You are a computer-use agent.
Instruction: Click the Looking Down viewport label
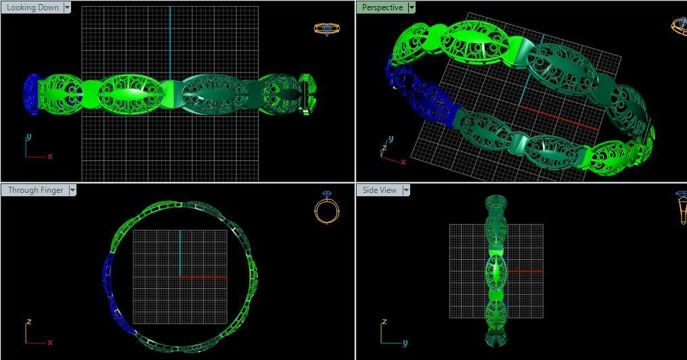pos(32,7)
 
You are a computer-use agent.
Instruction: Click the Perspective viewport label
pos(382,7)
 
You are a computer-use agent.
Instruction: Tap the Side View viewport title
pos(379,190)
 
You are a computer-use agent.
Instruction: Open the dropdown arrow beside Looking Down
pos(66,7)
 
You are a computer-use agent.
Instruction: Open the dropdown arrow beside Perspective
pos(412,7)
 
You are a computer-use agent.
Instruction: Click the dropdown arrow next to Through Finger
pos(72,190)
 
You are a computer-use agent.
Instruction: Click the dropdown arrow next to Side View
pos(406,190)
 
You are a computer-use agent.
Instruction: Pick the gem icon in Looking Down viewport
pos(326,28)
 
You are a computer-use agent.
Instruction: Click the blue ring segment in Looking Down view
pos(31,94)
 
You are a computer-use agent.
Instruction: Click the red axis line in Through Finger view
pos(203,277)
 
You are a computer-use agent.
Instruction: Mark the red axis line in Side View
pos(525,271)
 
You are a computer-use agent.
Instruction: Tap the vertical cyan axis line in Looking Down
pos(170,41)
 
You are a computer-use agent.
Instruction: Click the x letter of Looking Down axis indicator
pos(50,156)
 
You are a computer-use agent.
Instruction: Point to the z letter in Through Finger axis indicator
pos(28,322)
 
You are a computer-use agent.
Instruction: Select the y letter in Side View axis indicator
pos(405,342)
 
